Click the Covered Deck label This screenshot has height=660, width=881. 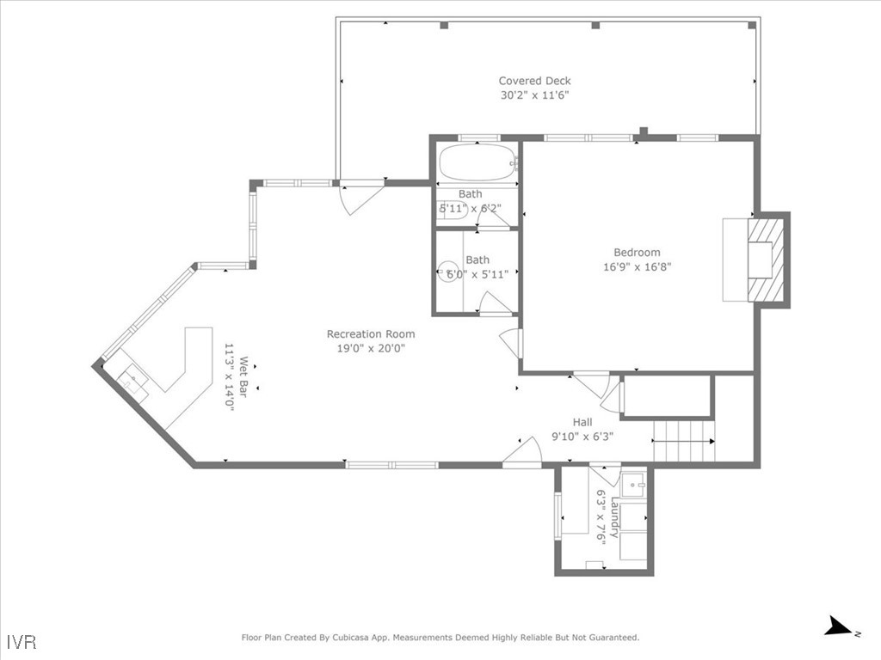534,81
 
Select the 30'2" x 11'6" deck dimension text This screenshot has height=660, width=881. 534,95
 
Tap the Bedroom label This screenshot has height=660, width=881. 637,252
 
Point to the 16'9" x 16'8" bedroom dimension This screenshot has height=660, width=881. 637,266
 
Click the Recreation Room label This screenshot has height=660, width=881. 370,333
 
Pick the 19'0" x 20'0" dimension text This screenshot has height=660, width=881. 370,348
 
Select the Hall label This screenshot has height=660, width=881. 582,422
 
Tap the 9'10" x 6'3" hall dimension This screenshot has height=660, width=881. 582,436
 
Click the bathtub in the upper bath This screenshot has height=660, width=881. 477,161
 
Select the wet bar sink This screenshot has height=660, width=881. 133,378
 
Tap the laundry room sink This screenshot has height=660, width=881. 634,484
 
